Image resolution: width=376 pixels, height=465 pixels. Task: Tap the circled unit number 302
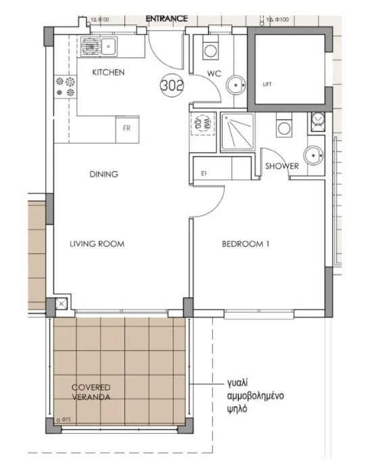[x=171, y=86]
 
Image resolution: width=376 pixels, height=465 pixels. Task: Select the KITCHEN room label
[x=108, y=72]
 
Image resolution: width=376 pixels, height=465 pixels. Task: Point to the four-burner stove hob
[x=64, y=87]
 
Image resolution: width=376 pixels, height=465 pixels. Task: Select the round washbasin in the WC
[x=235, y=85]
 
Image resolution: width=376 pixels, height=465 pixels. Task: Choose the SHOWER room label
[x=281, y=167]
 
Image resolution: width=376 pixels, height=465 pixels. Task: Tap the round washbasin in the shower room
[x=313, y=155]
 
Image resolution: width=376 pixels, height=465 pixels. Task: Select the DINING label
[x=103, y=175]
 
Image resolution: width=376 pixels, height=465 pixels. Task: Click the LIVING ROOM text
[x=97, y=244]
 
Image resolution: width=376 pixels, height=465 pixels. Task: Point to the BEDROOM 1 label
[x=245, y=245]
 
